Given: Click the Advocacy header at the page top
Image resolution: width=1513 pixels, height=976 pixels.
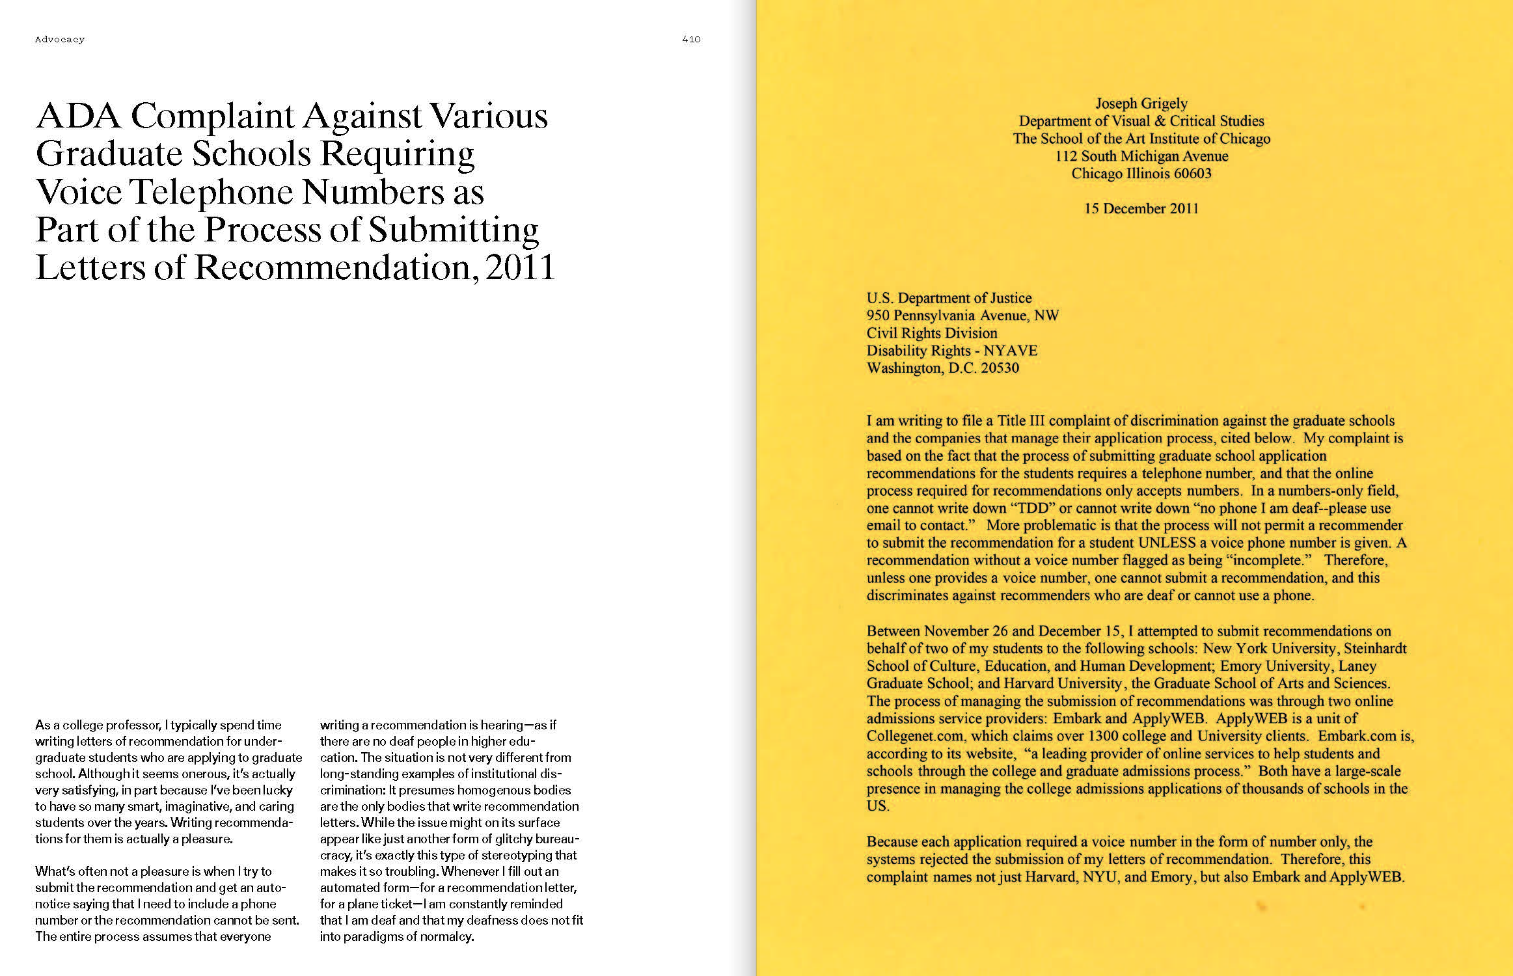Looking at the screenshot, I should coord(60,40).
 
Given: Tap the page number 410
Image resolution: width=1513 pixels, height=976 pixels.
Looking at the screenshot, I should coord(691,40).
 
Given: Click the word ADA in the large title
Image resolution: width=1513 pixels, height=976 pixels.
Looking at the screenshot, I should coord(78,116).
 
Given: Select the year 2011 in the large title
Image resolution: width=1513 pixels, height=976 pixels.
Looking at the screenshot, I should coord(520,267).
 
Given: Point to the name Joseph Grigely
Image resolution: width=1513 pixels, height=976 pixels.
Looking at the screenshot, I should coord(1141,103).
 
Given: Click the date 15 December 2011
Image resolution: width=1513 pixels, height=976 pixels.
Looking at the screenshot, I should coord(1141,209).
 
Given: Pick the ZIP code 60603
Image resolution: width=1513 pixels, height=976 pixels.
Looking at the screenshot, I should coord(1192,174).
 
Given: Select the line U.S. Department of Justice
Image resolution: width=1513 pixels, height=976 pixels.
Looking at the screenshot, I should coord(949,298).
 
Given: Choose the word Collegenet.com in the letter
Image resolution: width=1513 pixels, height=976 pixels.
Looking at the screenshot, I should coord(909,736).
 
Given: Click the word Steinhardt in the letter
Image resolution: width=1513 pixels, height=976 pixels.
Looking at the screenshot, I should coord(1375,649).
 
